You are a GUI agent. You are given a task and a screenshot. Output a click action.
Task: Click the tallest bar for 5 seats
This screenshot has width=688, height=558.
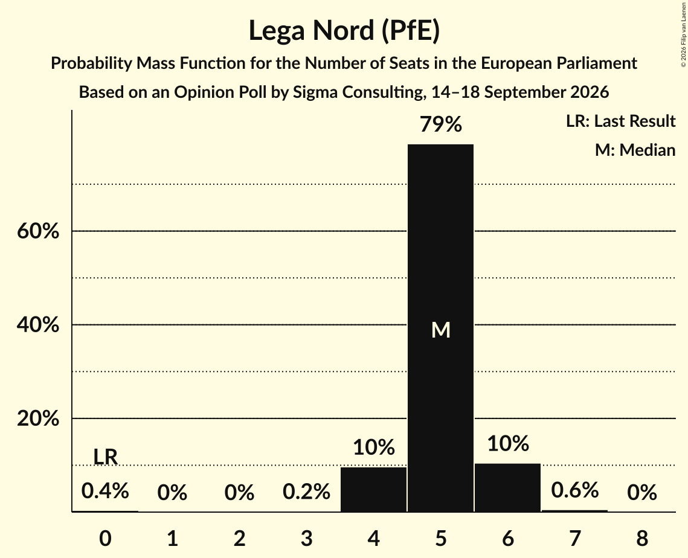[x=440, y=328]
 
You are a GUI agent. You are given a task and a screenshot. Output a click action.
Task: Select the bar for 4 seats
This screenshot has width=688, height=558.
[x=373, y=490]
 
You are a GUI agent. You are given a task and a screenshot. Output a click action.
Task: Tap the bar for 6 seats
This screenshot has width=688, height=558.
[x=507, y=487]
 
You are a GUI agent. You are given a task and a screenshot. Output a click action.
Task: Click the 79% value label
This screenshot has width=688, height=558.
[x=440, y=124]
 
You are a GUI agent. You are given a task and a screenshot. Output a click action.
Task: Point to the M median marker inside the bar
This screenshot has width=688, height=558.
[x=440, y=330]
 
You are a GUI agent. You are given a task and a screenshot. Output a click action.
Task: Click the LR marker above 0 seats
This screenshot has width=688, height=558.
[x=105, y=457]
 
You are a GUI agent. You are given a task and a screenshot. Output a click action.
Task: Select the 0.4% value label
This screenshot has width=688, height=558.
[x=105, y=490]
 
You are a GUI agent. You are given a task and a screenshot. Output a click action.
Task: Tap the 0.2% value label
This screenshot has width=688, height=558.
[x=306, y=492]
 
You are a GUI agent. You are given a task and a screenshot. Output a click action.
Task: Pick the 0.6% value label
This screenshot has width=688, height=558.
[x=575, y=490]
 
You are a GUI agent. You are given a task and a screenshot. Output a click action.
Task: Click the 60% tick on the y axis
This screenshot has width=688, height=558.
[x=37, y=231]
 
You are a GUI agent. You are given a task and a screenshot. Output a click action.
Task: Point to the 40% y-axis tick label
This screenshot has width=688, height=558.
[x=37, y=325]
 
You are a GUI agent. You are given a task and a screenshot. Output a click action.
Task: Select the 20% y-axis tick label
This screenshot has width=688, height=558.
[x=37, y=418]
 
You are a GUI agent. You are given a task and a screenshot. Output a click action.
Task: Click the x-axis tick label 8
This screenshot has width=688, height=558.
[x=642, y=538]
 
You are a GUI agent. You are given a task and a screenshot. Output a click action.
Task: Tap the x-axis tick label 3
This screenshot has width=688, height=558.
[x=306, y=538]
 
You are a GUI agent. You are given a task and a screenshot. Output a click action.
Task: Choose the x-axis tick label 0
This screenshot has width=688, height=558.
[x=105, y=538]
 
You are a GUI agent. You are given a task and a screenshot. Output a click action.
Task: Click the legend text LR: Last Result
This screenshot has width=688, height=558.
[x=620, y=121]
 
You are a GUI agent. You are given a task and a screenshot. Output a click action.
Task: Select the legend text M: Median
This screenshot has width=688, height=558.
[x=635, y=150]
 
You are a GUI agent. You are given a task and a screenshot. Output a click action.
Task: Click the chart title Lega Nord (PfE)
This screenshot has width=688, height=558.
[x=344, y=31]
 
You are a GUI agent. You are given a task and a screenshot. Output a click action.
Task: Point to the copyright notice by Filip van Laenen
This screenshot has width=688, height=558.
[x=683, y=34]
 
